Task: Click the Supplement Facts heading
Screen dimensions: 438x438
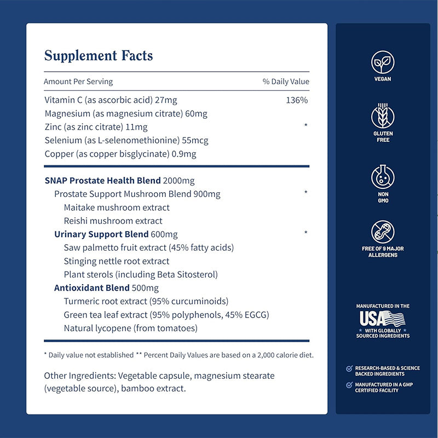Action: click(x=99, y=56)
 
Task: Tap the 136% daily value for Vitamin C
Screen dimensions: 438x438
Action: click(x=297, y=100)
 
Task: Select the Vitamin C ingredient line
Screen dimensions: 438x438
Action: click(x=111, y=100)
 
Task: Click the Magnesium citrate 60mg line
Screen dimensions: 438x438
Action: click(x=126, y=114)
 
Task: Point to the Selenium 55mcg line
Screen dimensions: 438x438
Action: click(x=126, y=140)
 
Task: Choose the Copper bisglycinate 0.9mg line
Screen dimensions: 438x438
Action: click(x=120, y=154)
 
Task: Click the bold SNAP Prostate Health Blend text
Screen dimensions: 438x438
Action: click(x=102, y=181)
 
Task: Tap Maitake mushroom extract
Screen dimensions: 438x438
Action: click(x=117, y=208)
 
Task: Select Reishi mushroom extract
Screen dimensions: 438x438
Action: click(x=113, y=221)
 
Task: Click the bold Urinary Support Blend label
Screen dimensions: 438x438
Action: click(x=101, y=234)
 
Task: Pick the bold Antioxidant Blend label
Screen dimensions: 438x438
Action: click(x=92, y=287)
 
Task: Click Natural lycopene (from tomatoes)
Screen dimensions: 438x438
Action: click(x=130, y=328)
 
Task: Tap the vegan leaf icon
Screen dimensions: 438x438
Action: click(x=383, y=61)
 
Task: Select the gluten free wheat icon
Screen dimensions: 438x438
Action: click(x=383, y=116)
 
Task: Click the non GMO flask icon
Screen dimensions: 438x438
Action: click(x=383, y=177)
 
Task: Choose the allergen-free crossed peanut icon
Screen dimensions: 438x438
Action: click(x=383, y=232)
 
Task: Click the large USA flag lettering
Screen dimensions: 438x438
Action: click(x=382, y=319)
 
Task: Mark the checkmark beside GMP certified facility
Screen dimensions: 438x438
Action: click(x=349, y=385)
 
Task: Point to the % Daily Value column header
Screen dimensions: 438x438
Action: click(x=286, y=82)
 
